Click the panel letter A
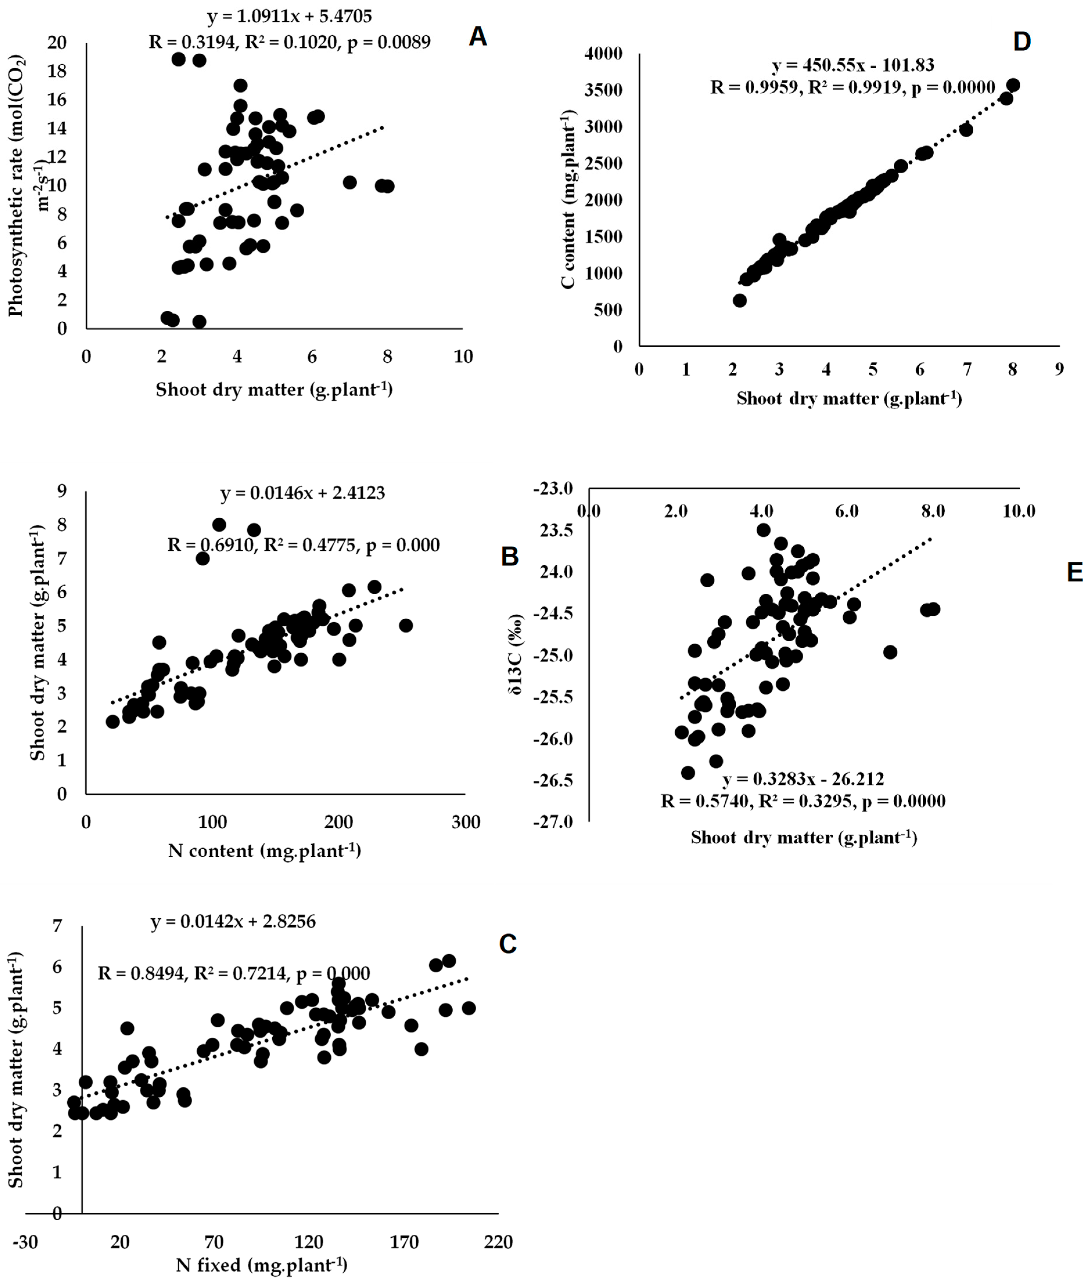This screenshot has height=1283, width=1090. [x=478, y=37]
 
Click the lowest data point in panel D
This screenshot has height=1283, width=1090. [x=740, y=300]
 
